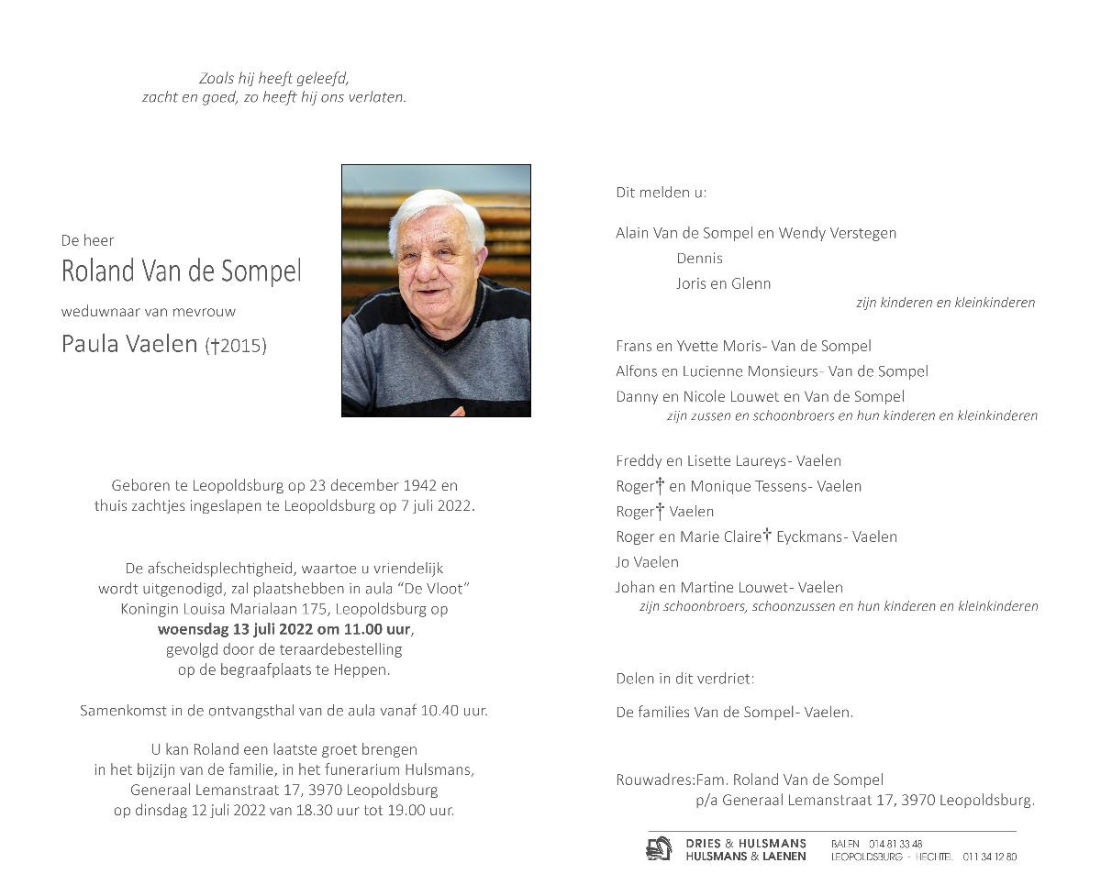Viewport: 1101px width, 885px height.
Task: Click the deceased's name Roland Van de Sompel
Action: pos(181,271)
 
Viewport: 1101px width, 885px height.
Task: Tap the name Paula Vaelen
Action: pos(129,344)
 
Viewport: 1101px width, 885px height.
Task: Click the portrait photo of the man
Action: pos(436,291)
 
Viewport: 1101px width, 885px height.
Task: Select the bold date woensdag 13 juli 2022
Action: pos(238,630)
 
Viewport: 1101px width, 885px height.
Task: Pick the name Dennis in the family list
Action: pos(699,259)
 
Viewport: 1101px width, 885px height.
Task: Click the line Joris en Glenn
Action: pos(723,284)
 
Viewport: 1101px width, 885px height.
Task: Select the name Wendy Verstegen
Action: pos(837,233)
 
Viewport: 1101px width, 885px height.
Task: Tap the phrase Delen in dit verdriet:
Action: pos(684,679)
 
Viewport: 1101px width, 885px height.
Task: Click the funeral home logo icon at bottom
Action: pos(659,849)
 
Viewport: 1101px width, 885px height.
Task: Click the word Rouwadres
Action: pos(654,780)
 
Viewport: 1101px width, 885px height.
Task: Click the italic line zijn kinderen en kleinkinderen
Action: pos(945,303)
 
